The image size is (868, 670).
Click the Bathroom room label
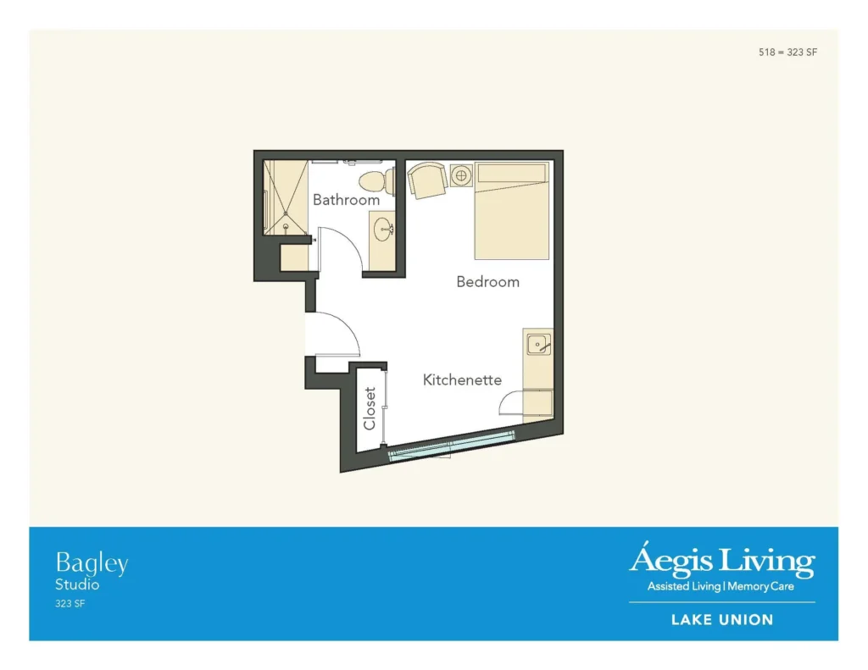tap(346, 200)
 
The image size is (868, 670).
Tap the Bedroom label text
tap(487, 281)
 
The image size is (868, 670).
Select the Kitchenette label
tap(462, 379)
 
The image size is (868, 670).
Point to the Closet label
tap(370, 408)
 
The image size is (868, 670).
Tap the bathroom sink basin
tap(382, 230)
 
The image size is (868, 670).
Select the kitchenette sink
tap(538, 344)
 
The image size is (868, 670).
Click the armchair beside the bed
tap(427, 180)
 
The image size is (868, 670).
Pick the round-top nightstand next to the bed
tap(461, 176)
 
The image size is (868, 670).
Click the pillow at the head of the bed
tap(511, 173)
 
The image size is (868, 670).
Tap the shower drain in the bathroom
tap(286, 226)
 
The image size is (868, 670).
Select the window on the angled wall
tap(451, 446)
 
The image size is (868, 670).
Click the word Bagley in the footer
tap(92, 564)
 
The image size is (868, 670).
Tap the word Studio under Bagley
tap(77, 584)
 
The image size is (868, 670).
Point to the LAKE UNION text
tap(722, 620)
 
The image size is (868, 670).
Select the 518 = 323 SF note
tap(787, 52)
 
